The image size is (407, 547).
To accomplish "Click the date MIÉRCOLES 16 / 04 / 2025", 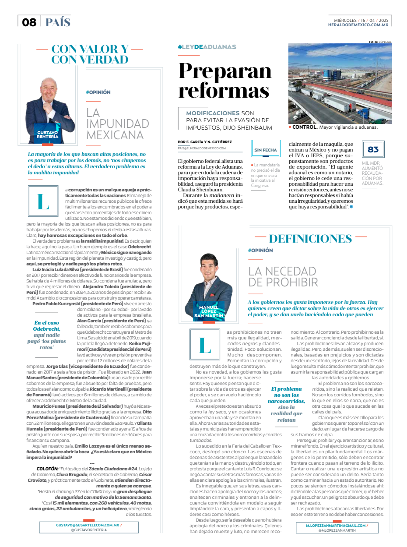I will click(361, 20).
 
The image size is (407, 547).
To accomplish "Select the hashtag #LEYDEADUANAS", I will click(207, 47).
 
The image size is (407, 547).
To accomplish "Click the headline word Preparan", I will click(225, 71).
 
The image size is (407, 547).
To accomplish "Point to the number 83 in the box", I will click(373, 150).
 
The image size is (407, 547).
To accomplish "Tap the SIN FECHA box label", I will click(266, 150).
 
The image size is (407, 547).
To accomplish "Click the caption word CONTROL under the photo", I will click(305, 127).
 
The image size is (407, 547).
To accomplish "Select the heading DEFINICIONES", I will click(310, 239).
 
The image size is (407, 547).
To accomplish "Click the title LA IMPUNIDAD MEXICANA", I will click(115, 124).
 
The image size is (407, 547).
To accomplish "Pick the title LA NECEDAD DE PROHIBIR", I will click(283, 276).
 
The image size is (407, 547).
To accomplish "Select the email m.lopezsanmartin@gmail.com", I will click(336, 525).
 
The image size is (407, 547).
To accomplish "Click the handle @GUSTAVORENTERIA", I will click(89, 530).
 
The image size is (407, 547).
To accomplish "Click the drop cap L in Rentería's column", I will click(43, 201).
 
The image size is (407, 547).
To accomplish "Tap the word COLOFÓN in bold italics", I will click(47, 468).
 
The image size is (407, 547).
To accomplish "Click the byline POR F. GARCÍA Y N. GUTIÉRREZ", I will click(205, 142).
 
